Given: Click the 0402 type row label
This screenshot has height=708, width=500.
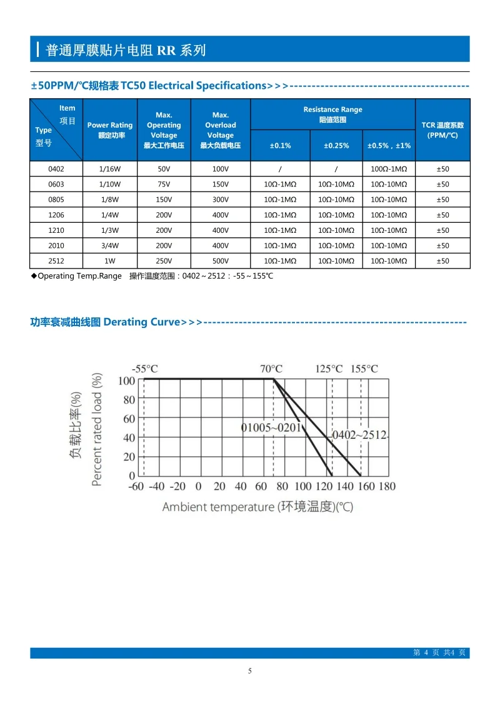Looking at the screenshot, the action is click(56, 169).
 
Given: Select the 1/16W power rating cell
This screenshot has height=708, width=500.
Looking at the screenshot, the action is click(110, 169).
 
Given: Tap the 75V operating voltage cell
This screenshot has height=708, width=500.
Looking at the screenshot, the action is click(164, 184).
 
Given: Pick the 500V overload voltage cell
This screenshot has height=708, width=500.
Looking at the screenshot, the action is click(221, 261).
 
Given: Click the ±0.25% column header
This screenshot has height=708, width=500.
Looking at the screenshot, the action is click(336, 145).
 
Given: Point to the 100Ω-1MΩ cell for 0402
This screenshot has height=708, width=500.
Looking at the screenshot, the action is click(389, 169).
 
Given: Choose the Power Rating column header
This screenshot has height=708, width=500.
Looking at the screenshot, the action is click(110, 130).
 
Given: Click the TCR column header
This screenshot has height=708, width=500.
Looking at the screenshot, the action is click(442, 130).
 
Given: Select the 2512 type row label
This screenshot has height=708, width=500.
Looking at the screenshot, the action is click(56, 261).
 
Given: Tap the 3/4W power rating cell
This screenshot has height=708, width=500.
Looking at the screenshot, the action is click(110, 245).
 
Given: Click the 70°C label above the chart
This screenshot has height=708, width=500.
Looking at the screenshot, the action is click(271, 369).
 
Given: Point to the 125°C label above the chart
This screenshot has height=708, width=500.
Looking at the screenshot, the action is click(329, 369).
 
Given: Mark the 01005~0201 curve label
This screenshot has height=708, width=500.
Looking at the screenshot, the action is click(271, 428).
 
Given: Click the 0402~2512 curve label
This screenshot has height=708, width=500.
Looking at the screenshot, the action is click(360, 435).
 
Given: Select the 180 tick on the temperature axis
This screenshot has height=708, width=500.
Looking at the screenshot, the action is click(387, 486).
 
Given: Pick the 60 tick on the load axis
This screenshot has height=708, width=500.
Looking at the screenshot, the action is click(129, 419).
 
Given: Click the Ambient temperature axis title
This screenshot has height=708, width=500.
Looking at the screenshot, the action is click(257, 506).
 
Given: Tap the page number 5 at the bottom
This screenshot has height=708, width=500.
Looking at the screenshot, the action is click(250, 671).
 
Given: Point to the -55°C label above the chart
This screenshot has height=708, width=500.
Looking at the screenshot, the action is click(145, 369).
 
